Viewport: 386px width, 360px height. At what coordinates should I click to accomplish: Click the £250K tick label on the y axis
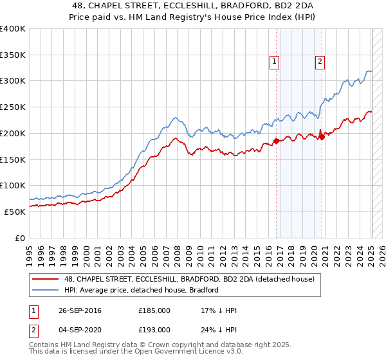[x=13, y=107]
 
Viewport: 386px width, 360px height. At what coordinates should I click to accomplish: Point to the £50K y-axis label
[x=15, y=212]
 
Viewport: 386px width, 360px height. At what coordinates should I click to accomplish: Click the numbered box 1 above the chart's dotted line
[x=274, y=62]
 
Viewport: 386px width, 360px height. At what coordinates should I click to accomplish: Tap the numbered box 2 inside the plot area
[x=319, y=62]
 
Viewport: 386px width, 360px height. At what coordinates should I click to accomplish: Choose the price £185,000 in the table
[x=154, y=310]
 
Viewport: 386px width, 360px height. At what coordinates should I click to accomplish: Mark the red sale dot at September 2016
[x=277, y=141]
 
